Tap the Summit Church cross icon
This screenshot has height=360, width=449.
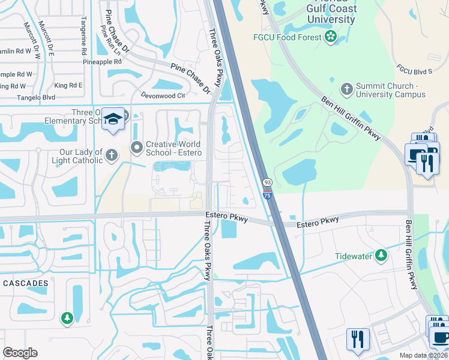tap(346, 90)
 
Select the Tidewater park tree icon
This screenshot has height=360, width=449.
tap(381, 257)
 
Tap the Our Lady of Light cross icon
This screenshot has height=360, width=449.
tap(111, 156)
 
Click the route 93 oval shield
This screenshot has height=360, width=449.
tap(265, 182)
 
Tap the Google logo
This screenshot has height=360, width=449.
tap(20, 353)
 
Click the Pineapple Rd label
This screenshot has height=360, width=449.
tap(102, 62)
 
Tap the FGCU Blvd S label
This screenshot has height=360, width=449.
tap(415, 71)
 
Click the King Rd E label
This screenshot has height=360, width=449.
tap(68, 85)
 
